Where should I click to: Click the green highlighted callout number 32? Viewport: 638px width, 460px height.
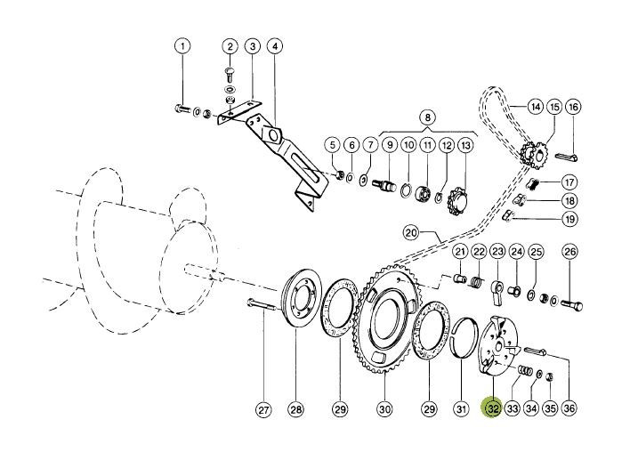pos(492,408)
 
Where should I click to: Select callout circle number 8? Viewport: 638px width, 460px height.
pos(427,118)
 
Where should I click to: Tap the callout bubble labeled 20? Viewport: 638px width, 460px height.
pos(411,233)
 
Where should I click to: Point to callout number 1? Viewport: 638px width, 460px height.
pos(182,46)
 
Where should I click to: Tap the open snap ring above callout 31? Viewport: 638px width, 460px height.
pos(465,337)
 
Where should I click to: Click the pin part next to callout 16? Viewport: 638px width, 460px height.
pos(567,156)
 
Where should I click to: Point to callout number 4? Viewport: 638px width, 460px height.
pos(275,46)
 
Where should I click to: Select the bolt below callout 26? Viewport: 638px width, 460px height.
pos(571,304)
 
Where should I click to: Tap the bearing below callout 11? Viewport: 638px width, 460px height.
pos(424,193)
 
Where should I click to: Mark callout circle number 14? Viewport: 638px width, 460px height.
pos(536,107)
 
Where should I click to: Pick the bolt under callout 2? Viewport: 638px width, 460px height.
pos(229,76)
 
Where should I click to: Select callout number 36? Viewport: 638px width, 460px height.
pos(569,408)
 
